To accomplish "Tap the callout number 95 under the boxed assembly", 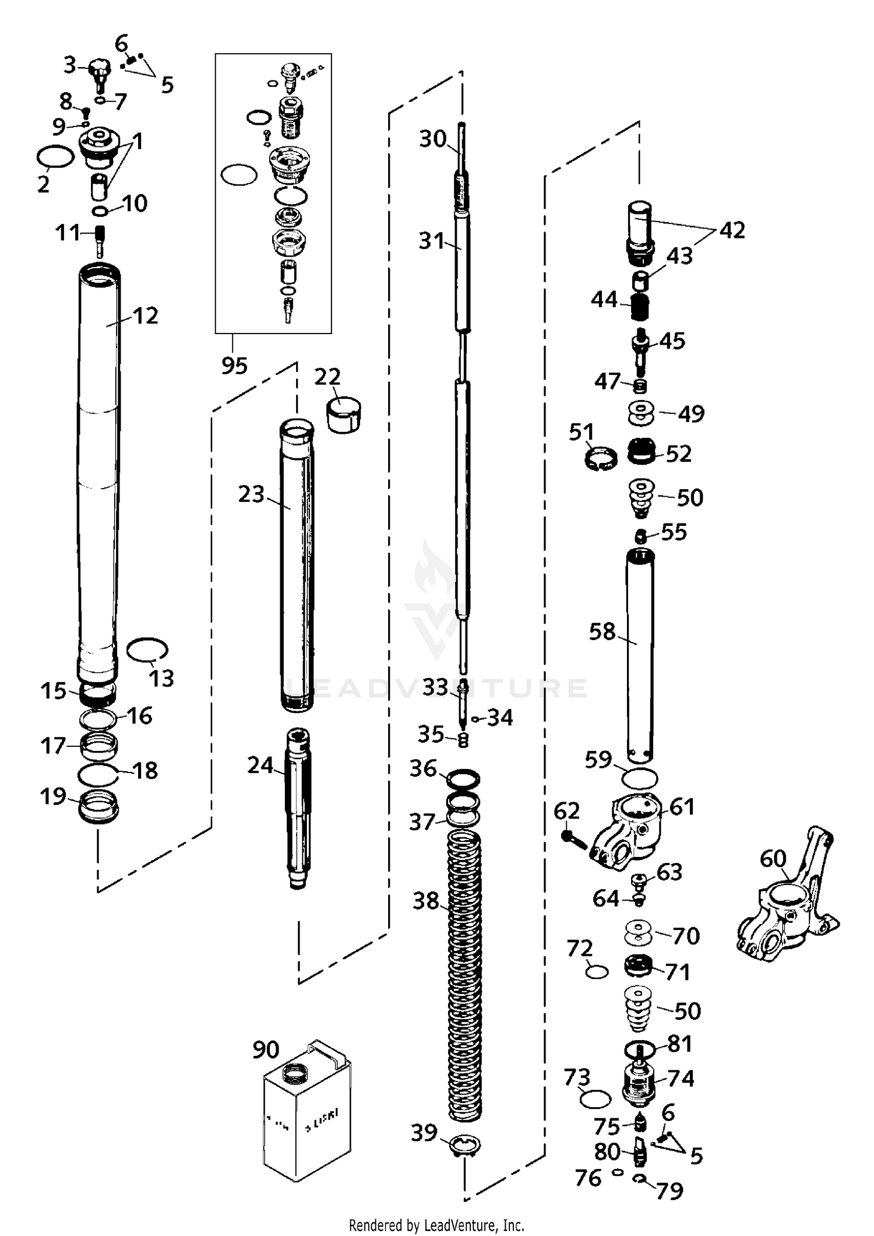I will pos(234,366).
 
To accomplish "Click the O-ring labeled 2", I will pos(55,157).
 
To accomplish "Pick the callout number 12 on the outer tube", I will pos(146,315).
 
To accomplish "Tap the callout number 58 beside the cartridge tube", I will pos(602,631).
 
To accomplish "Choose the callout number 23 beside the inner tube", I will pos(251,494).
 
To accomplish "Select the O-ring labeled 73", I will pos(595,1100).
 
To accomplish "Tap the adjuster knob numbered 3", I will pos(99,71).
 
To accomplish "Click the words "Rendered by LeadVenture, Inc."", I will pos(436,1225).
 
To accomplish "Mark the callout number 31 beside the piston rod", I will pos(431,241).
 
